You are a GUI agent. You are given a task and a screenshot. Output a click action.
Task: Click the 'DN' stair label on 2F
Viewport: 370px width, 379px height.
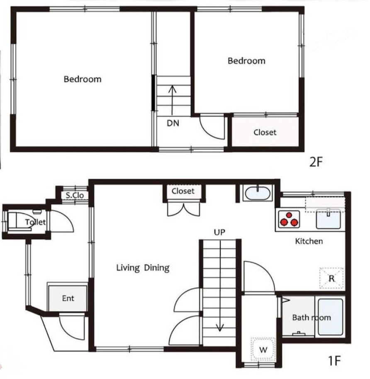pyautogui.click(x=173, y=123)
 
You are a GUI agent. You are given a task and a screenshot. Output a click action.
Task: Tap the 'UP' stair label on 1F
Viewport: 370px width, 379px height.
pyautogui.click(x=219, y=232)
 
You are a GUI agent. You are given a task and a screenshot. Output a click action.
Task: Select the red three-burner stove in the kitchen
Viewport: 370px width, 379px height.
pyautogui.click(x=289, y=220)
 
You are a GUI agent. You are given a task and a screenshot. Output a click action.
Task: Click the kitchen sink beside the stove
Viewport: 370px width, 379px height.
pyautogui.click(x=329, y=219)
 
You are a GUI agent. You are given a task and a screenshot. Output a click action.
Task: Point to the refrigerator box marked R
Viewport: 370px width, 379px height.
pyautogui.click(x=331, y=278)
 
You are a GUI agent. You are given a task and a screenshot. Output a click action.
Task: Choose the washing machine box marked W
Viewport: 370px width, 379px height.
pyautogui.click(x=263, y=349)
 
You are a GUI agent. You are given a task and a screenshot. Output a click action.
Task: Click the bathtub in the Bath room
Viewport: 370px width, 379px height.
pyautogui.click(x=330, y=317)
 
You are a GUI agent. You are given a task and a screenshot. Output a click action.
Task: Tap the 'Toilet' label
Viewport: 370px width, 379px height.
pyautogui.click(x=36, y=222)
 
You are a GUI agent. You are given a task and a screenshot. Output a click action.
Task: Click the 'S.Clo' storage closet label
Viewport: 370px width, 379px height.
pyautogui.click(x=75, y=195)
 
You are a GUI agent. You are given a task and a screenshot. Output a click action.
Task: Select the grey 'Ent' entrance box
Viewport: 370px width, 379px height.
pyautogui.click(x=68, y=298)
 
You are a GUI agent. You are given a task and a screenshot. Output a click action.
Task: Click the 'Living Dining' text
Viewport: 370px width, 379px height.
pyautogui.click(x=143, y=268)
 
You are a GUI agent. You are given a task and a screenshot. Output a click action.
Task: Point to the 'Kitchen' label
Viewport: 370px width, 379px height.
pyautogui.click(x=309, y=241)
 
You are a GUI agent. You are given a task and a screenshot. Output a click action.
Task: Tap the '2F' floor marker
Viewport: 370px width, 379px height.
pyautogui.click(x=316, y=162)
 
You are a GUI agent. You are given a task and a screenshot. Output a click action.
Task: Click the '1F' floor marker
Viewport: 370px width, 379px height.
pyautogui.click(x=334, y=361)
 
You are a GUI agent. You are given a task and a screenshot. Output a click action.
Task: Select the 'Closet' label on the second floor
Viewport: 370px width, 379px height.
pyautogui.click(x=265, y=132)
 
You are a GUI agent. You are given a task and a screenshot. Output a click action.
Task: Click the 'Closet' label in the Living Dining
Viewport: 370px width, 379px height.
pyautogui.click(x=183, y=191)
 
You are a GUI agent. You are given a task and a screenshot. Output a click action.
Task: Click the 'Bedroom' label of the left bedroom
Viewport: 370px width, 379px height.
pyautogui.click(x=83, y=79)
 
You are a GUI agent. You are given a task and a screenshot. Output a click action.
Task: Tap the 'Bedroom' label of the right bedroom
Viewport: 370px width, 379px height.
pyautogui.click(x=246, y=61)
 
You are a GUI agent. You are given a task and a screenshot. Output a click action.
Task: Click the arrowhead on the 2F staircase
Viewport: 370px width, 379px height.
pyautogui.click(x=172, y=89)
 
